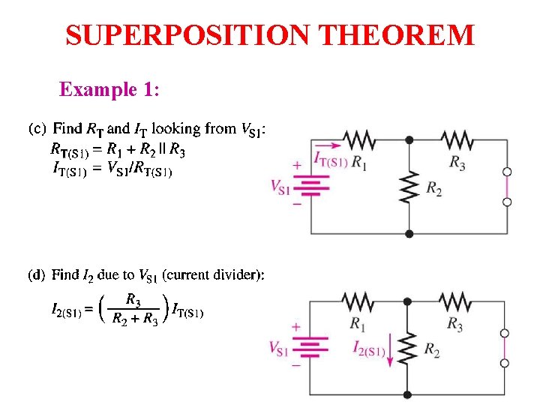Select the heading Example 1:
point(109,90)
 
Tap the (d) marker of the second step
point(37,274)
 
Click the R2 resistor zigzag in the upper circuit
point(409,187)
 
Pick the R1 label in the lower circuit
point(358,323)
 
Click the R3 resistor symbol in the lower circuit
point(456,301)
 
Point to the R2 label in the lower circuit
point(432,349)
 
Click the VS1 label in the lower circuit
point(279,348)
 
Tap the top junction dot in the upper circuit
point(409,139)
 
